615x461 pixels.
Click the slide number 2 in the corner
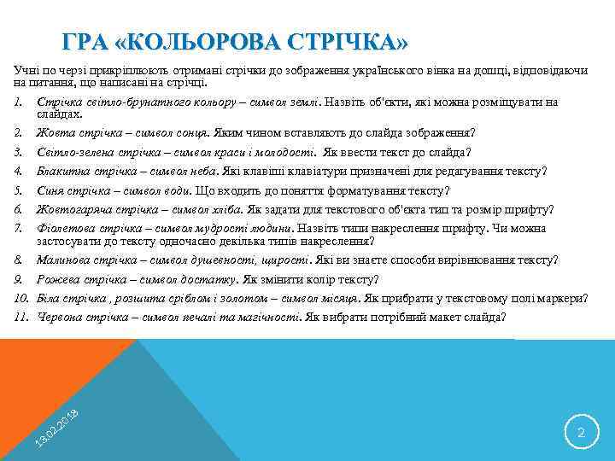581,434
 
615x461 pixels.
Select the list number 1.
17,102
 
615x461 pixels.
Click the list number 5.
17,190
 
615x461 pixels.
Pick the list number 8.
17,260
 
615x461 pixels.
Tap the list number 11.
20,317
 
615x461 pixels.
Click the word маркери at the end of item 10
561,298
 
